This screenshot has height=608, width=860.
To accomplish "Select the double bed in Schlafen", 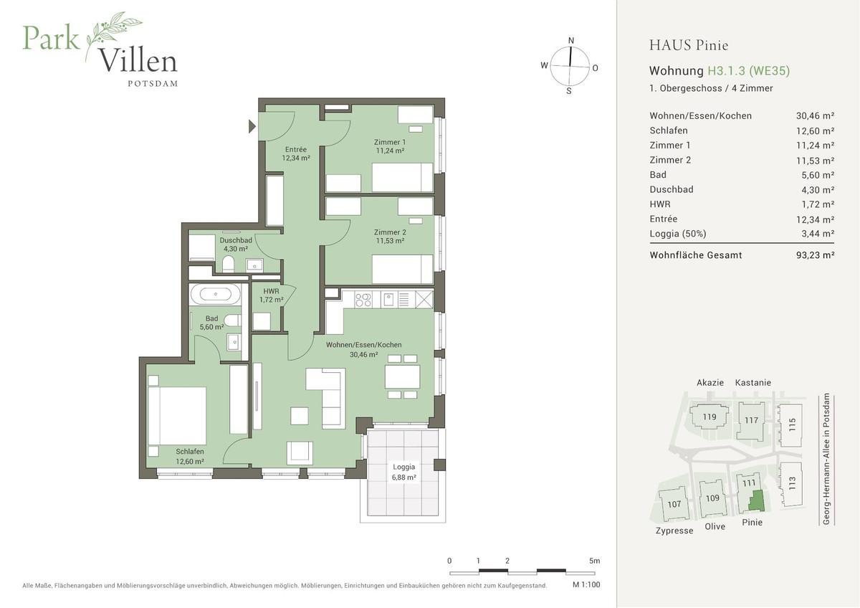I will [177, 416].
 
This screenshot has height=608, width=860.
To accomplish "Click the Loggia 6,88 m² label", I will [403, 471].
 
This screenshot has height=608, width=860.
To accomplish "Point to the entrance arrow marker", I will [252, 127].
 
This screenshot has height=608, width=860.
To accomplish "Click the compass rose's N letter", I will [570, 41].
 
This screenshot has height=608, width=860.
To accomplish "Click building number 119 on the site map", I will [709, 417].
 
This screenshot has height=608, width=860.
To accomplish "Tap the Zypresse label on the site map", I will [674, 531].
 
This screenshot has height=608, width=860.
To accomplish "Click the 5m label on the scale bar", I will [594, 561].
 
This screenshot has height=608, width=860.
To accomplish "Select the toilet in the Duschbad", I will [228, 265].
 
